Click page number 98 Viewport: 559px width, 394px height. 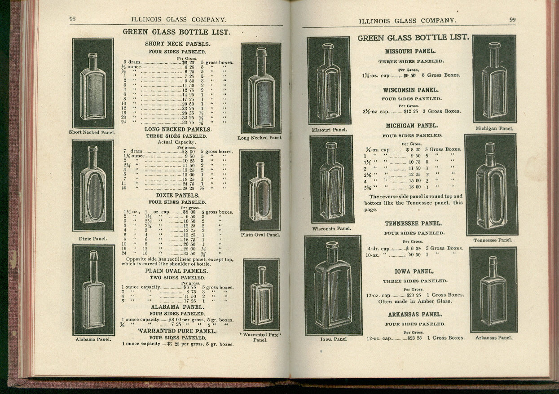72,19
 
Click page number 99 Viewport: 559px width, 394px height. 512,20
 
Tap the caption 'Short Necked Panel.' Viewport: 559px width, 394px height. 92,132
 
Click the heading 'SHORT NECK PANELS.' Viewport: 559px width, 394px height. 177,44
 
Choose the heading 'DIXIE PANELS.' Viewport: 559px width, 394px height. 177,196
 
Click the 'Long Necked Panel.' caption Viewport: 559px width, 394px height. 260,138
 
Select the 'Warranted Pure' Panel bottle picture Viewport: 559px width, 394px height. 261,294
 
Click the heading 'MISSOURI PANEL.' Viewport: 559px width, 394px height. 410,52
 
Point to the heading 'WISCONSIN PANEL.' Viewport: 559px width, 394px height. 411,90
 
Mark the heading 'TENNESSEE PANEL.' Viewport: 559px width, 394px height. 413,223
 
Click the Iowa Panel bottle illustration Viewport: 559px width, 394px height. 333,285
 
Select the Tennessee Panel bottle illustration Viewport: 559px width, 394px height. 491,184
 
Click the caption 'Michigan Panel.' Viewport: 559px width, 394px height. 494,128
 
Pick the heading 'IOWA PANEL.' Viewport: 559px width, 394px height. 414,271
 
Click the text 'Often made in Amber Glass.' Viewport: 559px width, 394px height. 415,302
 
